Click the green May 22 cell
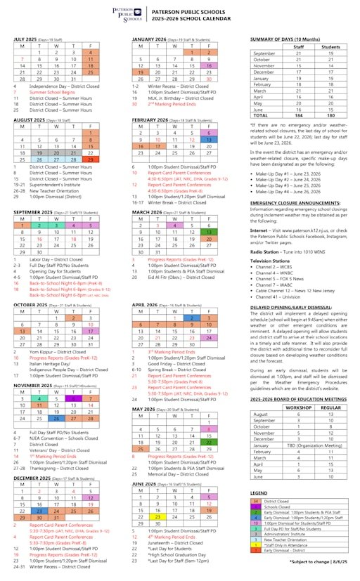207,443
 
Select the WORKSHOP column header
298,407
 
